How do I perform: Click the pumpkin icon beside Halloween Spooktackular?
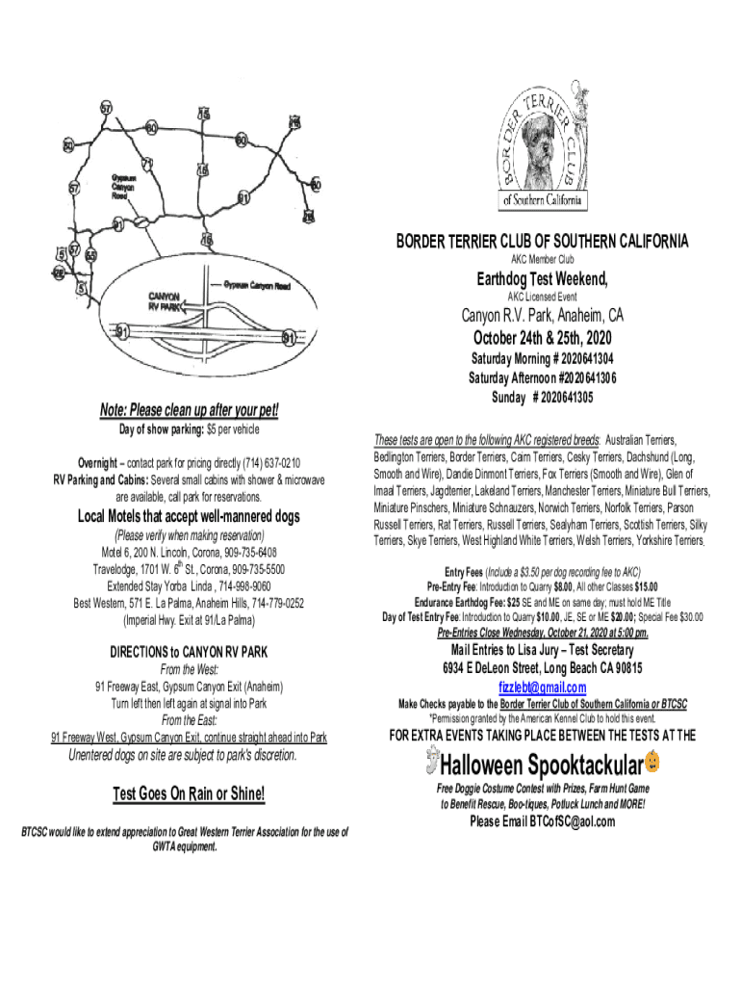tap(653, 763)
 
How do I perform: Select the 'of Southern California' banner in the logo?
tap(542, 200)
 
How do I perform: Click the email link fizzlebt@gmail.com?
tap(542, 687)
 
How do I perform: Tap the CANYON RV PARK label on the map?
tap(165, 301)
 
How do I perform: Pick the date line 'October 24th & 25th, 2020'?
tap(542, 338)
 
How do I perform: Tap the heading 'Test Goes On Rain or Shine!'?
tap(189, 794)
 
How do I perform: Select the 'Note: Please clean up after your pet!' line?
tap(190, 411)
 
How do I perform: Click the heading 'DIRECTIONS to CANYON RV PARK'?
tap(189, 652)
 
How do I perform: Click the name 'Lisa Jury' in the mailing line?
tap(517, 650)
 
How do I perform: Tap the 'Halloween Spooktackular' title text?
tap(542, 765)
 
